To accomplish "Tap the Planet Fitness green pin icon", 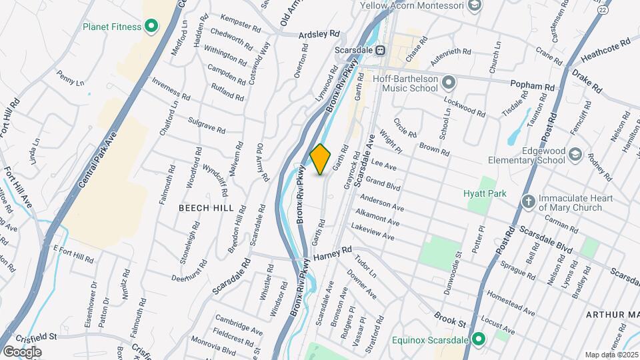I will [x=151, y=27].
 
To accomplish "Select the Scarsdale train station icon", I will [x=379, y=50].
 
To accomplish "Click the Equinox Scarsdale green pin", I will [x=478, y=340].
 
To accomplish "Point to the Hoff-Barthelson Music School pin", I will [x=449, y=83].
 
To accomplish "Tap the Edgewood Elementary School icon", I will [x=575, y=155].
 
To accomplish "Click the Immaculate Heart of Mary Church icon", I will [x=528, y=200].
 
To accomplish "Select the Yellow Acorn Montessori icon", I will [x=475, y=6].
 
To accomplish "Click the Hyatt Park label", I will [x=485, y=193].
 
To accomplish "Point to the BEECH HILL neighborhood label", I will [x=206, y=208].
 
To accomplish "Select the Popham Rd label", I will [x=532, y=87].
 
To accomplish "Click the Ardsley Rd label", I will [x=320, y=33].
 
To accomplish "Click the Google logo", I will [x=21, y=351].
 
